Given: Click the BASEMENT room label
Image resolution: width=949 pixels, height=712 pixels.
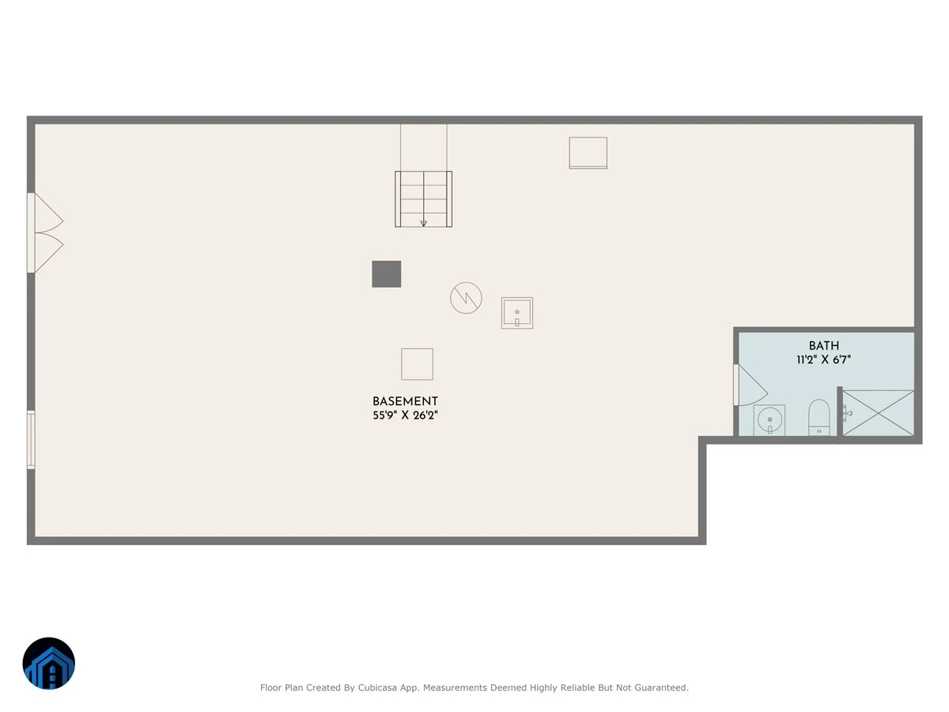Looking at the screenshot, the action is click(x=405, y=401).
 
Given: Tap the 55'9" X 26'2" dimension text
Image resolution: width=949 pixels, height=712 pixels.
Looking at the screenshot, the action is click(x=405, y=415).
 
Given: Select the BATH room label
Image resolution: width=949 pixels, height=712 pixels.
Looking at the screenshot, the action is click(x=823, y=346).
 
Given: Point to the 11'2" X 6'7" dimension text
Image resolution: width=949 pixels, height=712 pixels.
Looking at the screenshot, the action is click(x=823, y=360).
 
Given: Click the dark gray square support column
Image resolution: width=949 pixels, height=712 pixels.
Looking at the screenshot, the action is click(x=387, y=274).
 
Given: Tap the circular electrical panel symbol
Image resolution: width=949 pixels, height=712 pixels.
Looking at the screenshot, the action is click(x=466, y=298).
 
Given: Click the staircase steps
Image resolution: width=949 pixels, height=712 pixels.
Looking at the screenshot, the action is click(x=423, y=199).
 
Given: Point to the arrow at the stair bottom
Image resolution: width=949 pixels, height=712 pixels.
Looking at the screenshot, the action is click(x=424, y=224).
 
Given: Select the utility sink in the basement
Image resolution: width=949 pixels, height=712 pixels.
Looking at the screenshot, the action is click(x=517, y=313).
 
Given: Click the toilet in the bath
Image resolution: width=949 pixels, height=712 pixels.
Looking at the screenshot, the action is click(x=819, y=417).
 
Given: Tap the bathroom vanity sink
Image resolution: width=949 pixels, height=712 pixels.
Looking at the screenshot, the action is click(x=769, y=420).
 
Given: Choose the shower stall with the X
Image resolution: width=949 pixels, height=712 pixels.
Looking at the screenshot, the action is click(x=878, y=413).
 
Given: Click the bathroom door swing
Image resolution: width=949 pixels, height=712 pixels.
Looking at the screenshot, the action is click(x=751, y=385).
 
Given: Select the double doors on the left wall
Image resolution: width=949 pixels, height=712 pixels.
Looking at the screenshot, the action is click(x=45, y=233).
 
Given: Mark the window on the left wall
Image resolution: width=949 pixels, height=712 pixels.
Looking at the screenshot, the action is click(x=31, y=440).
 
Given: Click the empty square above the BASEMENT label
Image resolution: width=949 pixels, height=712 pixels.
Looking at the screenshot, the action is click(x=418, y=364).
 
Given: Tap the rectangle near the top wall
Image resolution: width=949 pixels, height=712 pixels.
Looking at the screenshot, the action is click(x=588, y=153).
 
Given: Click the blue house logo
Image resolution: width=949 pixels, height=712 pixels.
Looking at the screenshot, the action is click(x=49, y=663).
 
